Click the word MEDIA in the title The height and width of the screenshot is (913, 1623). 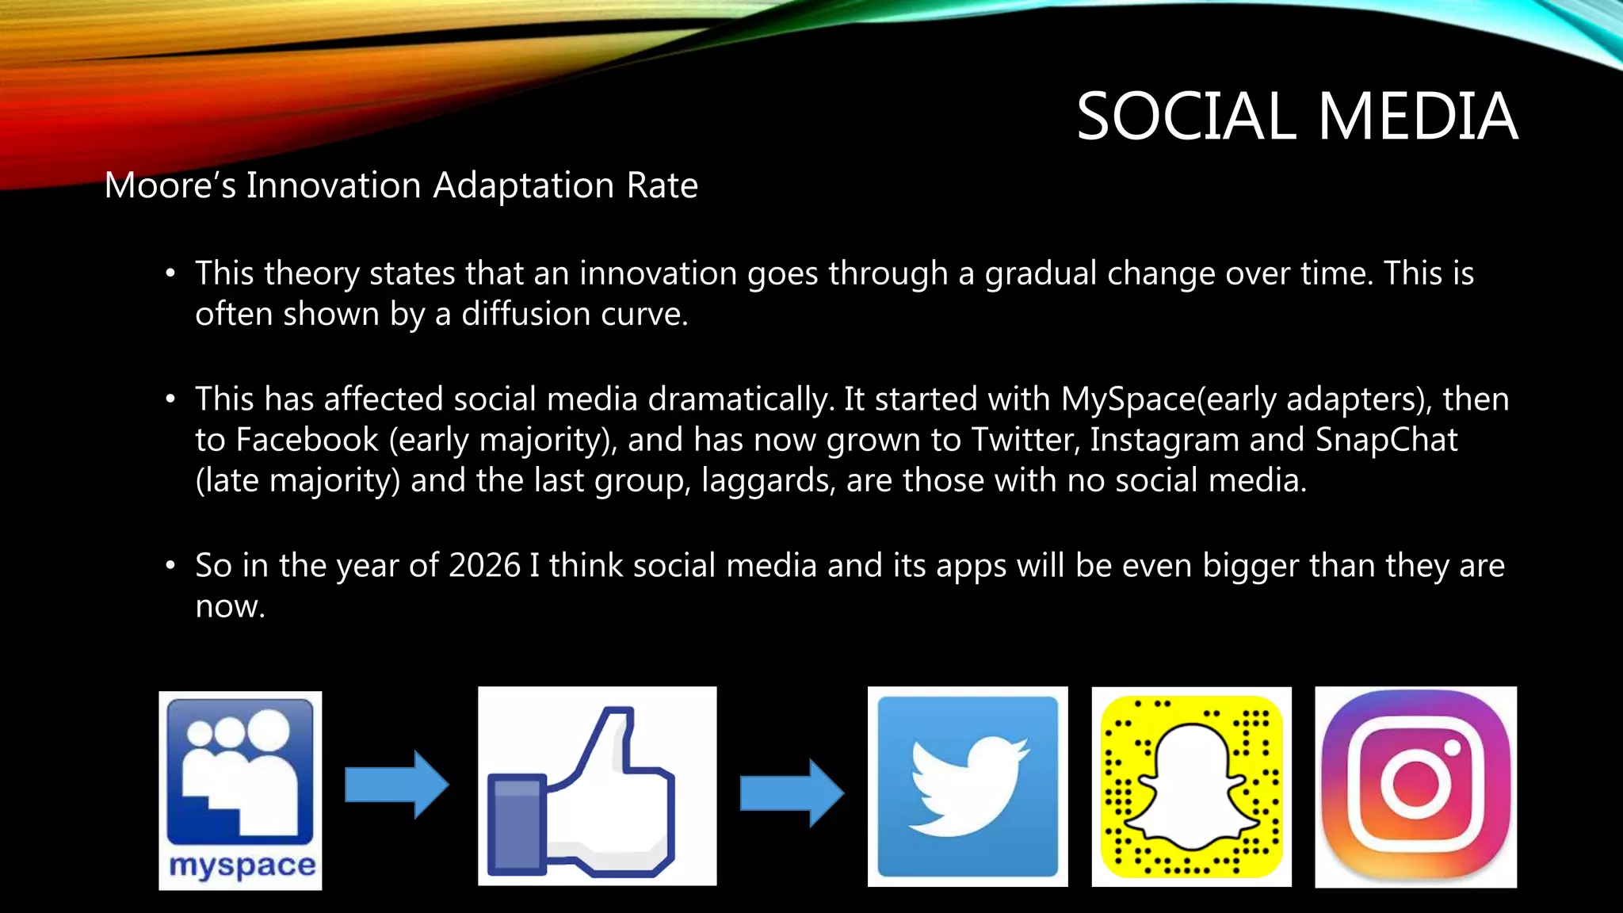coord(1418,117)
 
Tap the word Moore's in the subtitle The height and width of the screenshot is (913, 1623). coord(170,185)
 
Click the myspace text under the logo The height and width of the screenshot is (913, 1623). coord(242,865)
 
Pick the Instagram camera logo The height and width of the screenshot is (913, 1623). coord(1415,786)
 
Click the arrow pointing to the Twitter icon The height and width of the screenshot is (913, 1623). coord(792,793)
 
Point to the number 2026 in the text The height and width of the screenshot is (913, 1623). coord(484,566)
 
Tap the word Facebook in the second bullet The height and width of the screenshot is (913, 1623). coord(307,440)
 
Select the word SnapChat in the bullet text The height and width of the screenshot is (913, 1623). coord(1386,440)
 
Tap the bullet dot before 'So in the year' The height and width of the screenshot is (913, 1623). coord(170,566)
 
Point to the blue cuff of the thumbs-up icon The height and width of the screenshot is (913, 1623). coord(516,824)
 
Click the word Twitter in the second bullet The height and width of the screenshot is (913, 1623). coord(1025,440)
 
